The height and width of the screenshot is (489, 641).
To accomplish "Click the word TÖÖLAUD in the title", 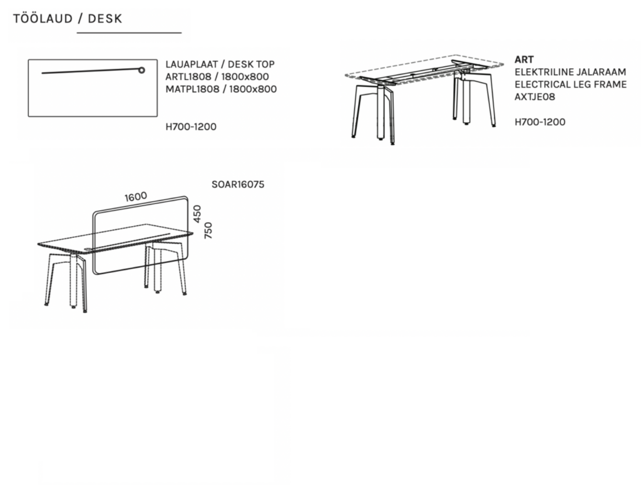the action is point(43,18).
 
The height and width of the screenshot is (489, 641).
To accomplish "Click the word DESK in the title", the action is point(105,19).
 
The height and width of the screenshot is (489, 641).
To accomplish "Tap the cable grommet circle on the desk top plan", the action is point(141,70).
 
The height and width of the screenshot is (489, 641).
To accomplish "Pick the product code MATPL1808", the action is point(192,89).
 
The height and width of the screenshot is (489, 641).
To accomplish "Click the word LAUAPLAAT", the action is point(192,64).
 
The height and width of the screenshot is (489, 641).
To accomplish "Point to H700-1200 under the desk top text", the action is point(191,126).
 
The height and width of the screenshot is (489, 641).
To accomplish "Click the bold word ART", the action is point(524,59).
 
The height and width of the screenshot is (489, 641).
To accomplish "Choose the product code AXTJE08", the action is point(535,97).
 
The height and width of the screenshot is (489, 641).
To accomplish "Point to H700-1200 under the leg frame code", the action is point(540,122).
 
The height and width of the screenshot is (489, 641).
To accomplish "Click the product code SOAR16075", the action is point(238,185).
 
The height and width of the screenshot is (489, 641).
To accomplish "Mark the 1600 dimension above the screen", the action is point(136,197).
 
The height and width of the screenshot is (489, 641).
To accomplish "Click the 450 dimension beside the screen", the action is point(197,214).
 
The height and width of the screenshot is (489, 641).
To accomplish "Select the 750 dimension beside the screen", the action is point(208,230).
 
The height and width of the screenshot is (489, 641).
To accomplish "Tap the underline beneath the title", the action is point(129,33).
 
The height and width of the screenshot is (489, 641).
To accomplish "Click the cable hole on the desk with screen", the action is point(88,249).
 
